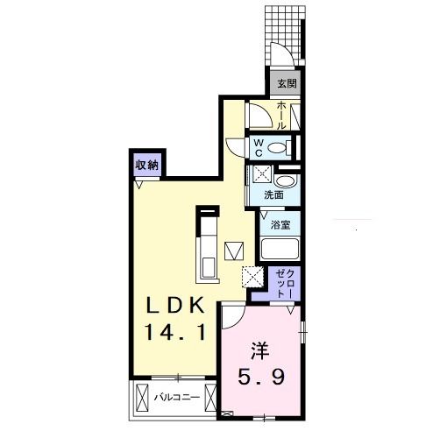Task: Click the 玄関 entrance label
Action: point(287,84)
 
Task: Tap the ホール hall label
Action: point(281,116)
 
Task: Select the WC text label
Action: point(258,148)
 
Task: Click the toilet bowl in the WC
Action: point(278,148)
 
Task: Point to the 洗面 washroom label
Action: point(273,195)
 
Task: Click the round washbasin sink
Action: point(287,181)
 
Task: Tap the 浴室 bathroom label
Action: point(280,225)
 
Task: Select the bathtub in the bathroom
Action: point(280,249)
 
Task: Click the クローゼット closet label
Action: point(285,284)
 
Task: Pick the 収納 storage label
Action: point(146,166)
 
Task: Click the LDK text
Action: point(175,305)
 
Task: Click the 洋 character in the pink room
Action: point(260,351)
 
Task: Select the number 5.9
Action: point(261,377)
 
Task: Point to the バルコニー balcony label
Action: point(177,397)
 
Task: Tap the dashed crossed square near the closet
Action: point(253,277)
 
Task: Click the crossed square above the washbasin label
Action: point(262,174)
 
